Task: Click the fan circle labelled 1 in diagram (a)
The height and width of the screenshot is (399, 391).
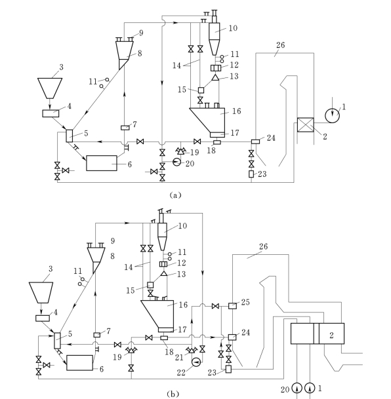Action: click(x=332, y=115)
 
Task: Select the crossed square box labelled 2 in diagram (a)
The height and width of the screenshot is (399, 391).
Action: click(x=306, y=124)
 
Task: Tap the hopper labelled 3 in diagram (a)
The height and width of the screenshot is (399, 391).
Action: click(x=50, y=88)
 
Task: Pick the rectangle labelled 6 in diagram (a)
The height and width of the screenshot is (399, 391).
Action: click(x=102, y=163)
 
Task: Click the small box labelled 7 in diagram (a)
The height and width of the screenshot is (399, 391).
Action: click(x=125, y=128)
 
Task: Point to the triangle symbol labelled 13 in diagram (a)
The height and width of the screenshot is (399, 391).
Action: click(x=215, y=77)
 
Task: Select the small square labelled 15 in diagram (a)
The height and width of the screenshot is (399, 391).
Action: click(x=201, y=90)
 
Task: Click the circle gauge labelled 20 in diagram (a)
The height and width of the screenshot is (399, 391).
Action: click(x=176, y=162)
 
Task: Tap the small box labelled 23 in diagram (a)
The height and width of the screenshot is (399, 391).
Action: click(x=251, y=174)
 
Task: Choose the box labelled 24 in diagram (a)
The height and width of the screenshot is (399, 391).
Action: click(x=255, y=142)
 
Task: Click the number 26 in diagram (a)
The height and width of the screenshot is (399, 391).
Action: click(x=280, y=45)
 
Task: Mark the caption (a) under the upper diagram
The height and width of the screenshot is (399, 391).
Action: click(x=175, y=195)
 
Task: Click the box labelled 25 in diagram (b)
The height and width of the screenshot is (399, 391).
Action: click(x=232, y=305)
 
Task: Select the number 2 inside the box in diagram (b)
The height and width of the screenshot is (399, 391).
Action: click(x=331, y=335)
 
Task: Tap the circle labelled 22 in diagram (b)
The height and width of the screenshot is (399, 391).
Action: click(x=196, y=362)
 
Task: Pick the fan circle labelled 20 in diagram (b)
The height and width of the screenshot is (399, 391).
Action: click(x=297, y=388)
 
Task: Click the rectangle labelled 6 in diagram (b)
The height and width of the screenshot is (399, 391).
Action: click(x=80, y=363)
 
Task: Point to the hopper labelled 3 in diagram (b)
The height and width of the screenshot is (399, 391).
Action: click(x=41, y=293)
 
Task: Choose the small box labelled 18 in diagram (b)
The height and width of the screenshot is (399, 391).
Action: click(x=164, y=337)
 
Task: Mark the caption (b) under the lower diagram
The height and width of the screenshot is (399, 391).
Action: click(x=173, y=394)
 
